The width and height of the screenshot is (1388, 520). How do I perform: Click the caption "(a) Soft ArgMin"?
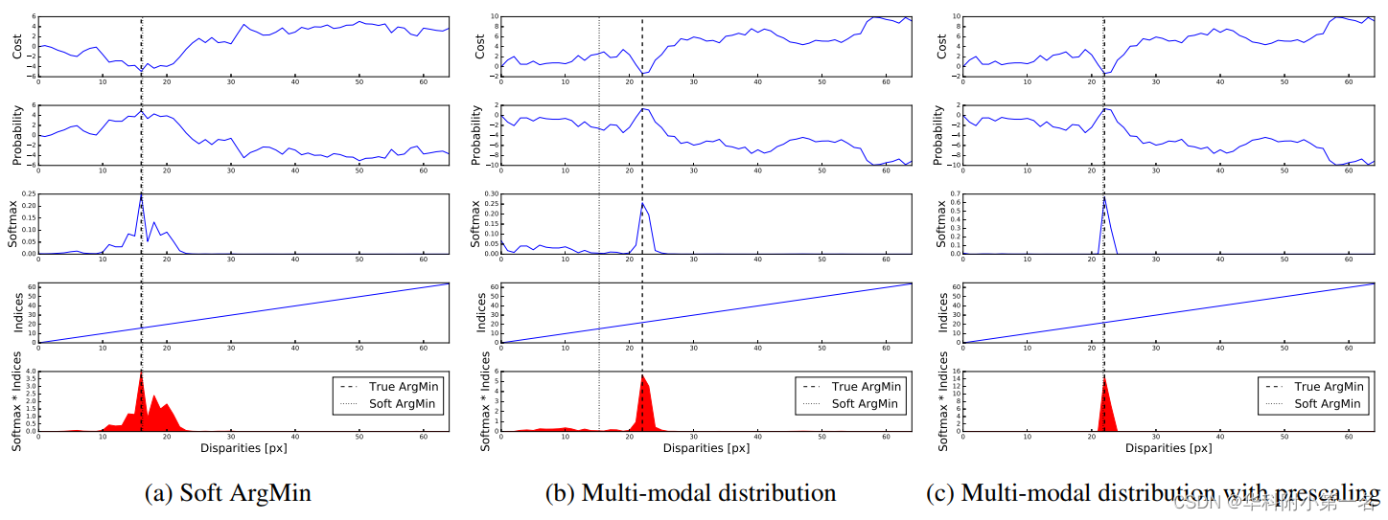point(228,493)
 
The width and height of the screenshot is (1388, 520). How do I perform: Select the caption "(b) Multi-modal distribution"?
point(690,493)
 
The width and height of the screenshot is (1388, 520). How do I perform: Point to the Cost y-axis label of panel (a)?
point(16,46)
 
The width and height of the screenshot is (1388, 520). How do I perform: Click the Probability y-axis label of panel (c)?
point(941,135)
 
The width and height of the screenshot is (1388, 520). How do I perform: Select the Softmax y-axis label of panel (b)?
point(479,225)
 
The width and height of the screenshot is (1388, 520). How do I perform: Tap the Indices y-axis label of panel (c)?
point(941,313)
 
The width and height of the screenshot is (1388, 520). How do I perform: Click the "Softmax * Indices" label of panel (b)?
point(485,402)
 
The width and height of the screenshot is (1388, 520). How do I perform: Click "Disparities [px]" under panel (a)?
point(243,447)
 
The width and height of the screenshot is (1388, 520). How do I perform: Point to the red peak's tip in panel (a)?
point(141,373)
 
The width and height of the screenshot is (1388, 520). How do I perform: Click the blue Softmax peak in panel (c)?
point(1104,198)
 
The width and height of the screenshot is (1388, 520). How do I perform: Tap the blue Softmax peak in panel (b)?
point(642,204)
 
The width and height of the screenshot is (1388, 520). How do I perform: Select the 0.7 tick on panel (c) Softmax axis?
point(954,194)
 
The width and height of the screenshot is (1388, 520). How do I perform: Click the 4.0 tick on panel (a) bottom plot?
point(29,372)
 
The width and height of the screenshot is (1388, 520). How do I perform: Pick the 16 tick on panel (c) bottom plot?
point(955,372)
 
